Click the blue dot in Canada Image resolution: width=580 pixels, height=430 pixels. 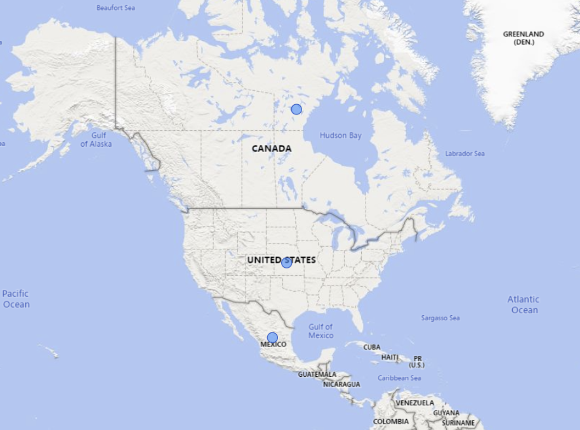(x=296, y=109)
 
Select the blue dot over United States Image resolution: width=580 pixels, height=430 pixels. (x=286, y=262)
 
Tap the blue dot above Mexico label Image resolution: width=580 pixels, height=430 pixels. (x=272, y=338)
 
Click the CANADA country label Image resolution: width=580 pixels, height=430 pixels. (x=271, y=149)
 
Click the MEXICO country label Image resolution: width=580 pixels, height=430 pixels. (x=273, y=345)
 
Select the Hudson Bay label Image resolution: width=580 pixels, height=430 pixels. (x=340, y=136)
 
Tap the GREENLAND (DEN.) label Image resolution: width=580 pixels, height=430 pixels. (x=523, y=38)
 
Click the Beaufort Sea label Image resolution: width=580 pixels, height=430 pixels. (x=116, y=8)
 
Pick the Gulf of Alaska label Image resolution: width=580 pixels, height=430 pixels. (x=96, y=140)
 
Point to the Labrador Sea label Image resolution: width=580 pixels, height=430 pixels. (x=465, y=154)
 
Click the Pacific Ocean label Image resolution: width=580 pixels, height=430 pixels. (x=16, y=299)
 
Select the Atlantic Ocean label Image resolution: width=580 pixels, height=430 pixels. (x=524, y=305)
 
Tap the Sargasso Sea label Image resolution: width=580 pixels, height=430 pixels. (x=440, y=318)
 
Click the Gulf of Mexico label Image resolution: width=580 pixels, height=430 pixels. (x=321, y=331)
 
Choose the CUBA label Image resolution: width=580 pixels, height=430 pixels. (x=372, y=347)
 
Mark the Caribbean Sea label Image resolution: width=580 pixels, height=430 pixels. (x=399, y=378)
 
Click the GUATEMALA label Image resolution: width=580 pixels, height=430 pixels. (x=317, y=374)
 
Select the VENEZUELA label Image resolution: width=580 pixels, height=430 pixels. (x=415, y=403)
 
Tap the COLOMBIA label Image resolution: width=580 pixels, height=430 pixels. (x=390, y=422)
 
